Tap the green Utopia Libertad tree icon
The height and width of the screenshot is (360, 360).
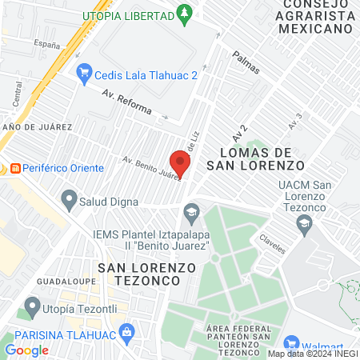[186, 14]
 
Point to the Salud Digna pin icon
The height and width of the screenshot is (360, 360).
[70, 198]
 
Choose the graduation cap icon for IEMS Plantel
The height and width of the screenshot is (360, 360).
[190, 212]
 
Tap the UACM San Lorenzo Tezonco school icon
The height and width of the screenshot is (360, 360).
[302, 227]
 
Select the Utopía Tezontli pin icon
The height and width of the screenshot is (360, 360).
[32, 306]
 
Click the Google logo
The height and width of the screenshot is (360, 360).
[26, 350]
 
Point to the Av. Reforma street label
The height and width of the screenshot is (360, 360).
[121, 99]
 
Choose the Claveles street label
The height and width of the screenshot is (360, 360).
[272, 243]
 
